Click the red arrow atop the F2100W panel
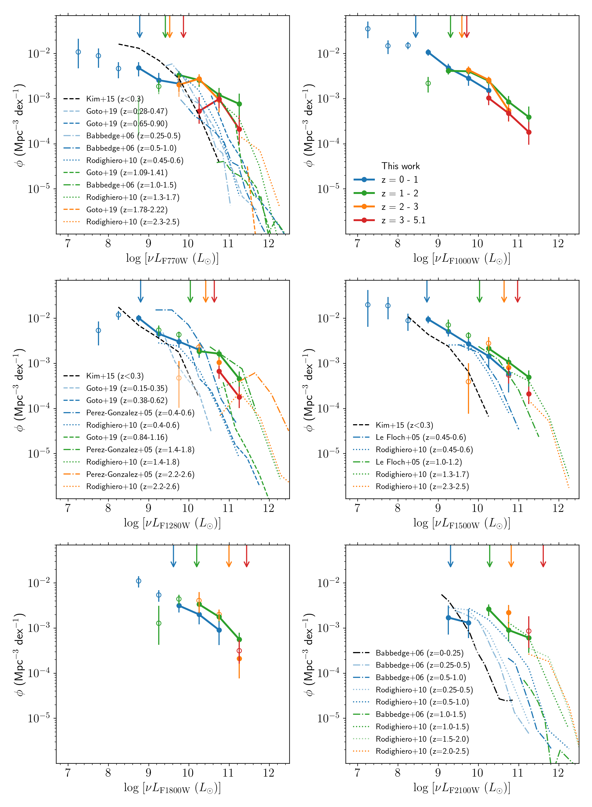click(543, 556)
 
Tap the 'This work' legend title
click(400, 166)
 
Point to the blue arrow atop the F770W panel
click(140, 27)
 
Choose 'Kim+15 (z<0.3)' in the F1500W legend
click(404, 425)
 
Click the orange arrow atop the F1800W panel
click(229, 556)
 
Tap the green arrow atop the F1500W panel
click(480, 292)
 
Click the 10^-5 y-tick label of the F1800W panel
click(39, 718)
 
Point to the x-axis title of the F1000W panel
click(461, 258)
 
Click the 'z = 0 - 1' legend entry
click(400, 179)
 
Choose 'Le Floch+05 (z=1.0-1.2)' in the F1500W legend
click(418, 462)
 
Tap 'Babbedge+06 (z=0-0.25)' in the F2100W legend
click(419, 653)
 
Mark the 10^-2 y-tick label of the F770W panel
click(39, 54)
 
